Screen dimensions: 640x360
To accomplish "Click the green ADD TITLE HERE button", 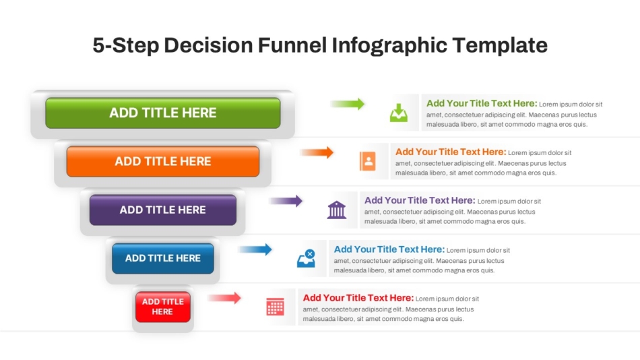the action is tap(163, 113).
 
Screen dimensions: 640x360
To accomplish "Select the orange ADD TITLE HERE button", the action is tap(163, 161).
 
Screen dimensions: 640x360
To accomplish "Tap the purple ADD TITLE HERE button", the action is tap(163, 210).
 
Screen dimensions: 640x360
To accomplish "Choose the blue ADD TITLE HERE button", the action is tap(163, 258).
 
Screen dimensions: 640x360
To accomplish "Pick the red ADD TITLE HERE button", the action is tap(163, 307).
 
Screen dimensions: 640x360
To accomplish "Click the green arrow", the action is tap(348, 104).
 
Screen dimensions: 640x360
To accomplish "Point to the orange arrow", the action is tap(317, 152).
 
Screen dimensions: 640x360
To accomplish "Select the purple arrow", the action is tap(286, 201).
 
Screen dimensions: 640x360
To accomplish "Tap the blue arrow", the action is tap(255, 249).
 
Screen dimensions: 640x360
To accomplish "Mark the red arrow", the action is tap(224, 298).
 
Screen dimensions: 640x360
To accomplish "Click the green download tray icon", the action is tap(399, 113).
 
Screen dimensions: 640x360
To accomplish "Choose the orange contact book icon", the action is tap(368, 161).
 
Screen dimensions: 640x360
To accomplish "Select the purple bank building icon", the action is tap(337, 210).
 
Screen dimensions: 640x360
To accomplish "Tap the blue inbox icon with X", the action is tap(306, 258).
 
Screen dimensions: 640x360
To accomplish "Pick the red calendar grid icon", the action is tap(275, 307).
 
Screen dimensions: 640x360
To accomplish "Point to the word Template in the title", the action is tap(500, 45).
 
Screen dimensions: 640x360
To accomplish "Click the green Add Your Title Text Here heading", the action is tap(482, 103).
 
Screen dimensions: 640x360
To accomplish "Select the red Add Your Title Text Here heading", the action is tap(358, 298).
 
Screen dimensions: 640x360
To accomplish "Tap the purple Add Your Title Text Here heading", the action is tap(420, 200).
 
